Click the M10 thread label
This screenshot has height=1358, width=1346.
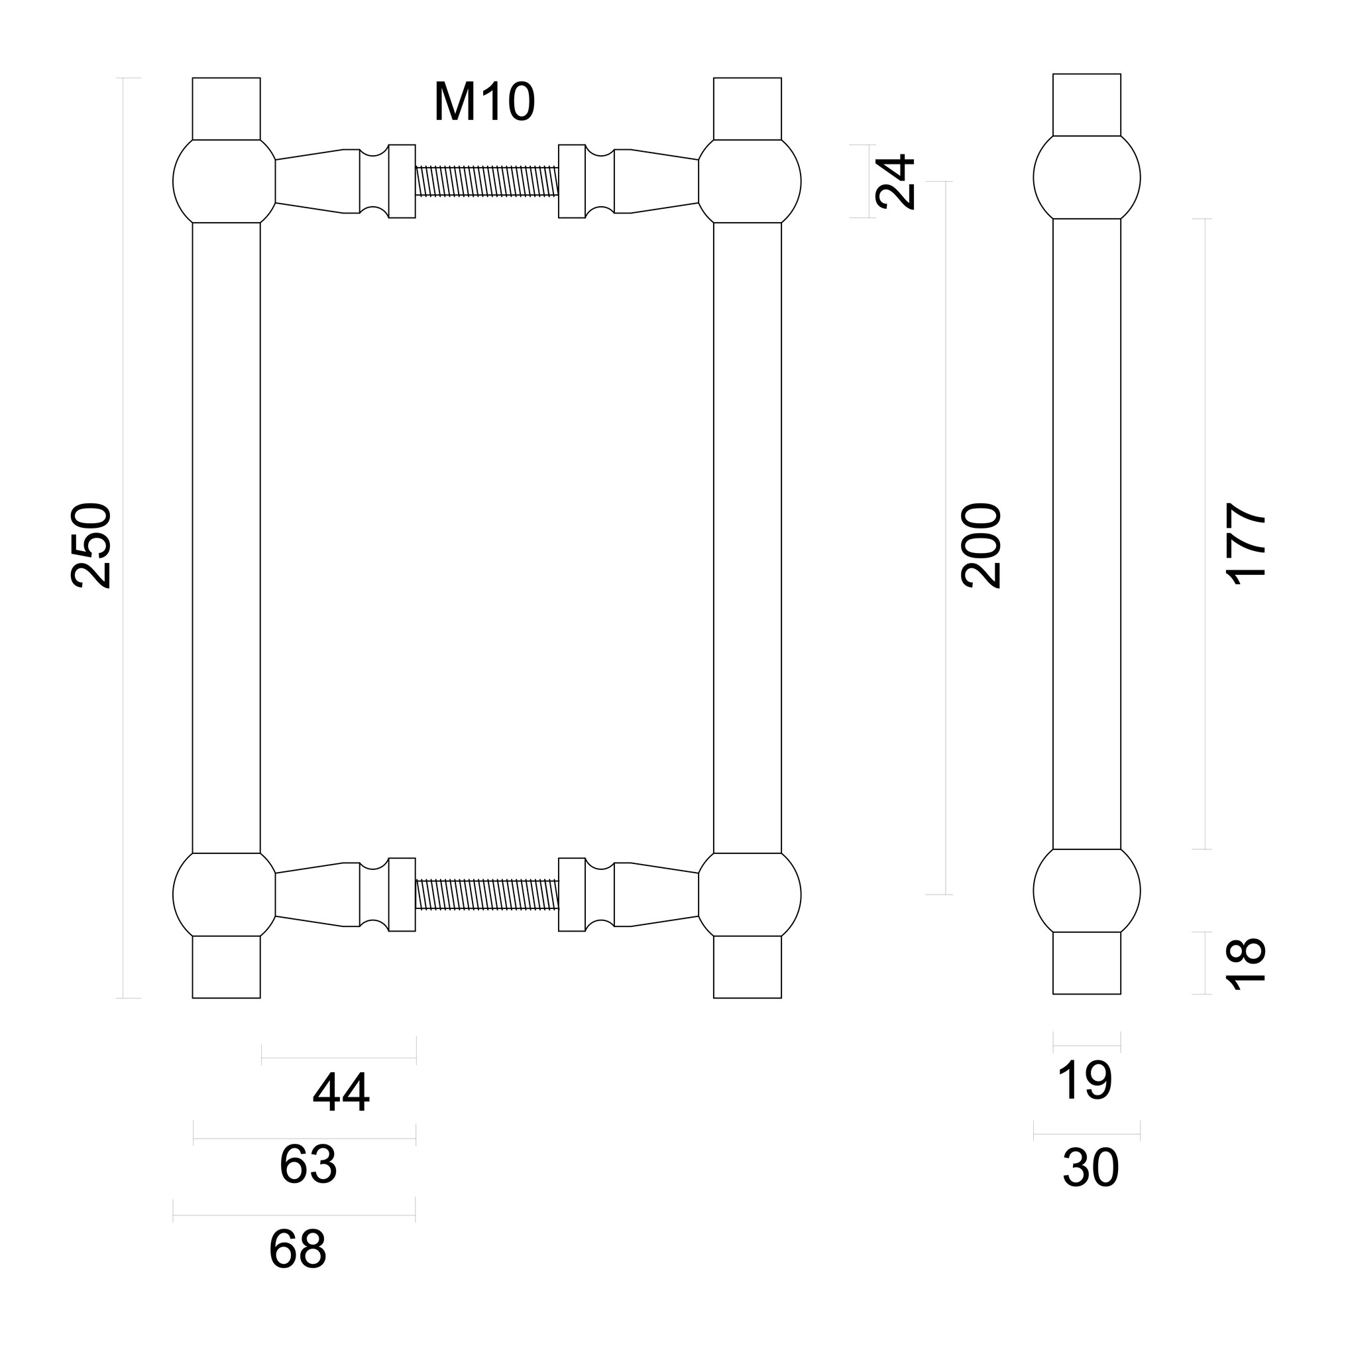click(484, 103)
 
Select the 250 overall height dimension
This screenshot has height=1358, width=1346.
click(91, 545)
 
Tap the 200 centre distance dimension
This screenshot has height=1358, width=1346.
click(981, 545)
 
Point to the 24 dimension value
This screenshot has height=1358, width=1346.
click(896, 182)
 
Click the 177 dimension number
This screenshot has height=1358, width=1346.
click(1245, 543)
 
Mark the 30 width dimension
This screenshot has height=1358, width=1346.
click(1090, 1168)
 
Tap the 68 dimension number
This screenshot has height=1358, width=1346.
click(297, 1249)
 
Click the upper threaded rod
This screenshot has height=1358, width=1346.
click(487, 180)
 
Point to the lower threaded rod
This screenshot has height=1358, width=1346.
click(487, 894)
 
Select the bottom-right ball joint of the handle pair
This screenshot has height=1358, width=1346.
click(749, 895)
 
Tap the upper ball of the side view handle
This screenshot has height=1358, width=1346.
click(1086, 178)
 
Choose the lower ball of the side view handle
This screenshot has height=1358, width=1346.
click(1086, 891)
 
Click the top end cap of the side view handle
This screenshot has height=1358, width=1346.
click(1086, 105)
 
